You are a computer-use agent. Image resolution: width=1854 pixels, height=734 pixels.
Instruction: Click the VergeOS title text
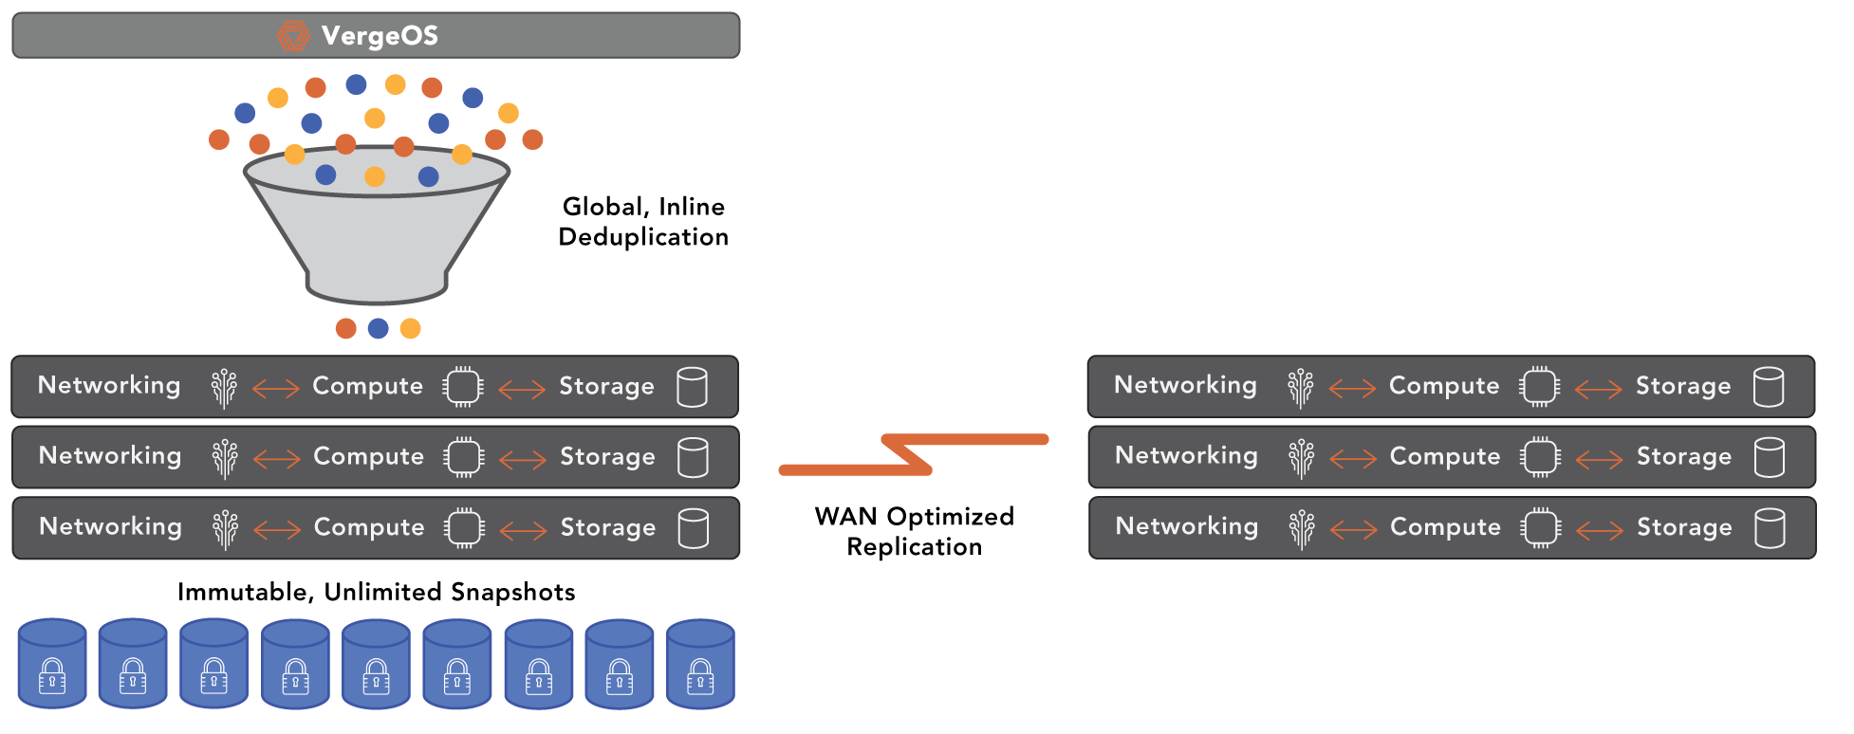click(380, 36)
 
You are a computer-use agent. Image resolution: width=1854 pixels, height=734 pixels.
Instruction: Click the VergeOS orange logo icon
click(293, 36)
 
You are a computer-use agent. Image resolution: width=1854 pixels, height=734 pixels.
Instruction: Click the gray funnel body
click(377, 237)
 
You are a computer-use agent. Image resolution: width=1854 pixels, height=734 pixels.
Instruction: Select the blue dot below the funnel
click(378, 328)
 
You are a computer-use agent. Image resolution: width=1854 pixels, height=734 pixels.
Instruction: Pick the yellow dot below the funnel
click(410, 328)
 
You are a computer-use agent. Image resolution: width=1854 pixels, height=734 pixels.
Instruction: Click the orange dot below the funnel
click(345, 328)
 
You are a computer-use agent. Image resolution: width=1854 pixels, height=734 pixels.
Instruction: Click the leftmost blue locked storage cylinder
click(52, 664)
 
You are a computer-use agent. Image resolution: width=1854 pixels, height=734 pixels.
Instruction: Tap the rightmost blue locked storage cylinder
click(700, 664)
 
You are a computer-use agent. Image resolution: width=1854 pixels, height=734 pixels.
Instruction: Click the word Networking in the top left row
click(109, 385)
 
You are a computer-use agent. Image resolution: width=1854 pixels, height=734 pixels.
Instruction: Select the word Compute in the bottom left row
click(369, 527)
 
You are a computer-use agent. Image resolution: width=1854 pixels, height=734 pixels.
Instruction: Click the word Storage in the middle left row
click(607, 457)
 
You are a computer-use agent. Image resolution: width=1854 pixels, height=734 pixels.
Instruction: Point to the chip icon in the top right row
click(1539, 387)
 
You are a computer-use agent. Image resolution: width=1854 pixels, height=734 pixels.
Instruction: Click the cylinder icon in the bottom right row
click(1770, 528)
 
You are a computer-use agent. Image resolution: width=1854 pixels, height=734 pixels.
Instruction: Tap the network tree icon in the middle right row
click(1301, 458)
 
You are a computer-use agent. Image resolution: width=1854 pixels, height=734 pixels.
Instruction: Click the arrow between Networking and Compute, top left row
click(276, 388)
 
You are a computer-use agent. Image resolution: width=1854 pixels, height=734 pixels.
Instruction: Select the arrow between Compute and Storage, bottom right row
click(1600, 530)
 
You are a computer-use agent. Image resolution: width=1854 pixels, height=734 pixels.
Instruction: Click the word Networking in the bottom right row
click(1187, 526)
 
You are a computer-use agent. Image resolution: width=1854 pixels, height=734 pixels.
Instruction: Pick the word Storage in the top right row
click(1683, 386)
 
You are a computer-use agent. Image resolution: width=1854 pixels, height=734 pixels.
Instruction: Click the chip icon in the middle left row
click(464, 457)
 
